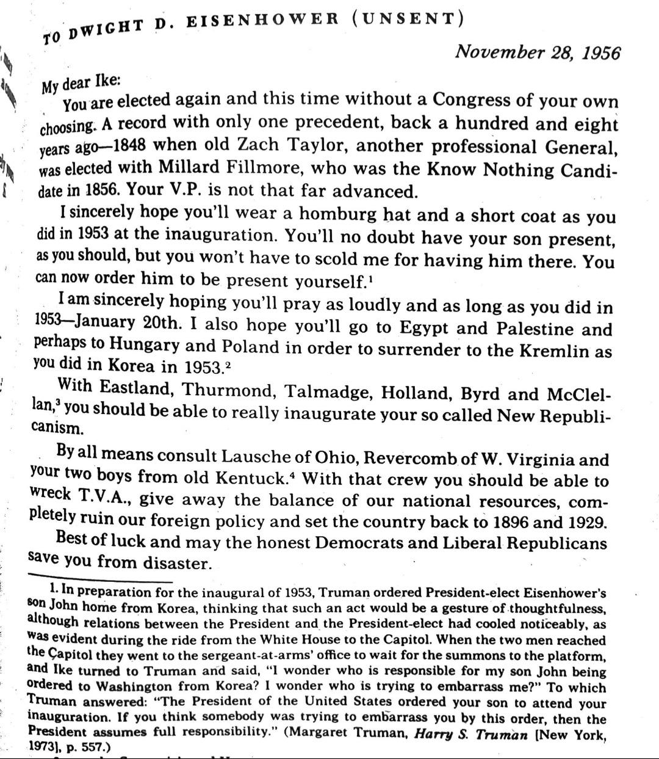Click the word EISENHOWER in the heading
pos(262,20)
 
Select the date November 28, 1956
pos(538,53)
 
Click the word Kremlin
pos(554,351)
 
